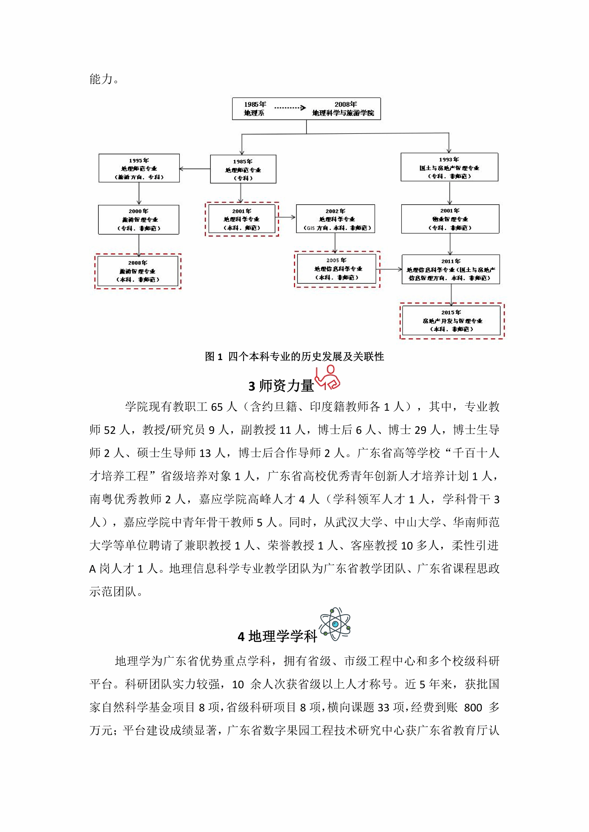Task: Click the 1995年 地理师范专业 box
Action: tap(139, 168)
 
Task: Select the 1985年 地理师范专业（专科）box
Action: tap(243, 169)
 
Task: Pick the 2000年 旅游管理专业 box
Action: tap(139, 219)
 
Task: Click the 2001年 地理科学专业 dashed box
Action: tap(242, 219)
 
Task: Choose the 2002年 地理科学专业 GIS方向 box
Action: tap(335, 219)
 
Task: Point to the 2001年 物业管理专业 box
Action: tap(450, 219)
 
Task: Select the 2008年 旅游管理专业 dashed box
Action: tap(138, 271)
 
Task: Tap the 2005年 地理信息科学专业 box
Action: tap(336, 269)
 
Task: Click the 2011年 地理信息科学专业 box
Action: tap(450, 269)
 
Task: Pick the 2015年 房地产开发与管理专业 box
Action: tap(452, 321)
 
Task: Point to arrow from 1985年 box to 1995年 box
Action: tap(195, 169)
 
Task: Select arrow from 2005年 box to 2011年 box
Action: tap(391, 269)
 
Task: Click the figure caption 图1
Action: tap(294, 357)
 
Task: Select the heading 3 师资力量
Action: tap(281, 386)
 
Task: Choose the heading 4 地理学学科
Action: tap(278, 636)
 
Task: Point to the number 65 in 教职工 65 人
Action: tap(217, 407)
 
